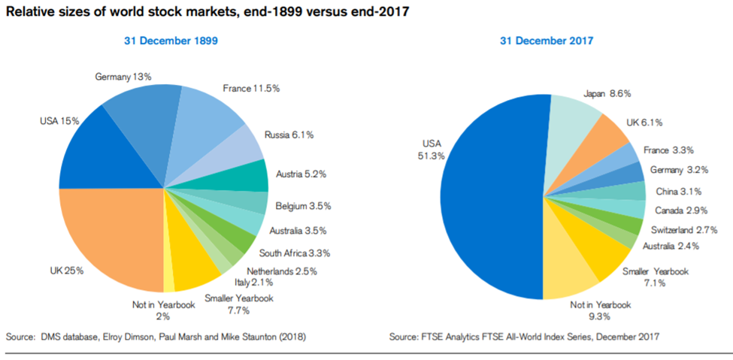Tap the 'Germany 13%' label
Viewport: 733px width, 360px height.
coord(123,77)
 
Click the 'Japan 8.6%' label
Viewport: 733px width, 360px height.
coord(607,94)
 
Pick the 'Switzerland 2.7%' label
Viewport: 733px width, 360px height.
coord(683,228)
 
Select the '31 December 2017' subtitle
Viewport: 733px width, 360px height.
coord(546,41)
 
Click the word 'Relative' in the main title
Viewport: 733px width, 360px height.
coord(29,12)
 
